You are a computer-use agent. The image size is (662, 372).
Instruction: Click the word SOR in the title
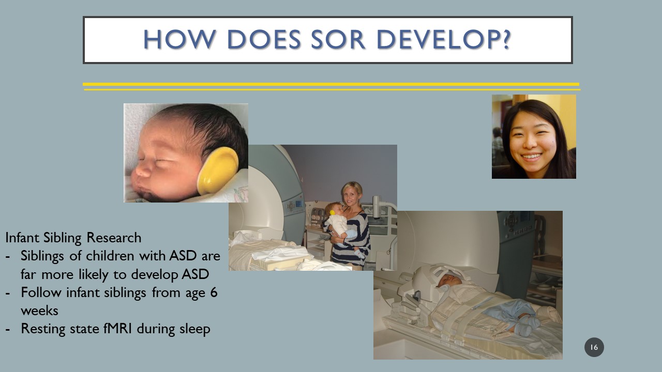pos(338,39)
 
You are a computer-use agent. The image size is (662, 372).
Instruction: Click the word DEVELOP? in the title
pos(444,39)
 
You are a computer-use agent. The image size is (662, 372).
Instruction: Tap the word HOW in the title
pos(179,39)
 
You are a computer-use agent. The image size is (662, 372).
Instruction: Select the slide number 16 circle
pos(594,347)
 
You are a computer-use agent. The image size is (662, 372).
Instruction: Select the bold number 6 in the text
pos(214,292)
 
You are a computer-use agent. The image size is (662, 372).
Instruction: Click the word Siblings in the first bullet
pos(42,256)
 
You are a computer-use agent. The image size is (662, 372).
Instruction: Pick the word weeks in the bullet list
pos(39,311)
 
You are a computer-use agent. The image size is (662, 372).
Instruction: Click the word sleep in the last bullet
pos(195,329)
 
